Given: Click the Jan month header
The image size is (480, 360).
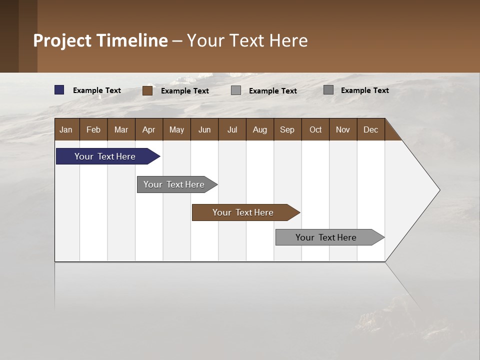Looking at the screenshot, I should tap(66, 129).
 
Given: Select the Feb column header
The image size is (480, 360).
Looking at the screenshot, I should tap(93, 129).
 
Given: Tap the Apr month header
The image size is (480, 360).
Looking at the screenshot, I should tap(148, 129).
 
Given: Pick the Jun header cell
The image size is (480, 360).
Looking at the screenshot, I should tap(204, 129).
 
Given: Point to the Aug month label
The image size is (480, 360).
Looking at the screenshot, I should tap(259, 129).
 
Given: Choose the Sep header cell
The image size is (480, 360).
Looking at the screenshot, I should tap(287, 129).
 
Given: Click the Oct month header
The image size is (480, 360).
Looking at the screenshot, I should tap(315, 129).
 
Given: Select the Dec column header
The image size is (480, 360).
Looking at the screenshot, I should tap(370, 129).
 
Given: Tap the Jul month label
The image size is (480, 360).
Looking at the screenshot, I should tap(232, 129).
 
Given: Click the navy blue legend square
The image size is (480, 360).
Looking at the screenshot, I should tap(59, 90).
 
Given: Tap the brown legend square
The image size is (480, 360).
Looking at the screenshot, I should tap(147, 90).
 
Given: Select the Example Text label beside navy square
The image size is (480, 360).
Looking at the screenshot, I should tap(97, 90).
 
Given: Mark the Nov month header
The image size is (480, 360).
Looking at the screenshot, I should tap(343, 129).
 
